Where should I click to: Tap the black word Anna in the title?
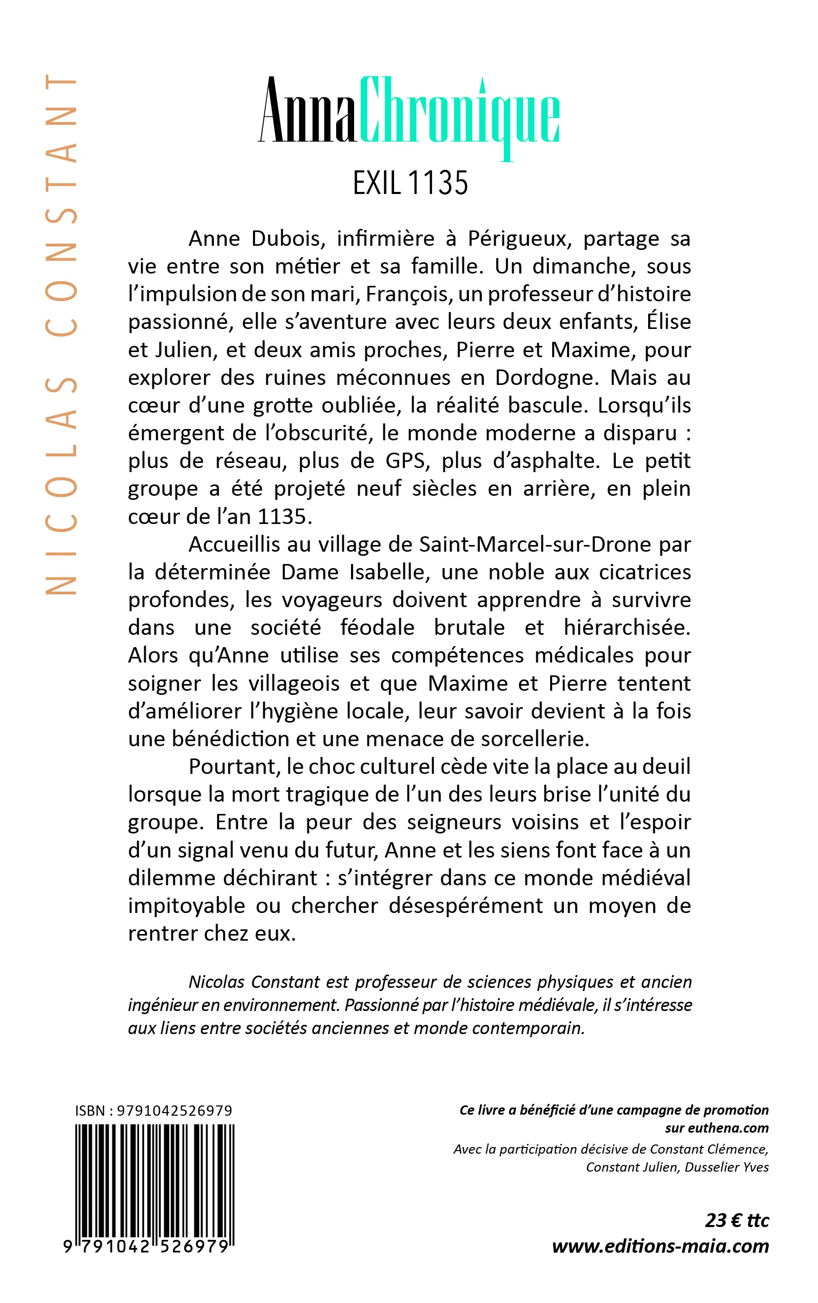307,111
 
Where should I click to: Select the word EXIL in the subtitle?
377,183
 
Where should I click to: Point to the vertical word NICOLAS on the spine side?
61,484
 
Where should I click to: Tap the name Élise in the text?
669,322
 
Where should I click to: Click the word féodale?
377,628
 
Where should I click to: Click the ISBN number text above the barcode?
153,1111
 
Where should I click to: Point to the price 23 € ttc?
736,1221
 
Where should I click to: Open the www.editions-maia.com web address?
660,1246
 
